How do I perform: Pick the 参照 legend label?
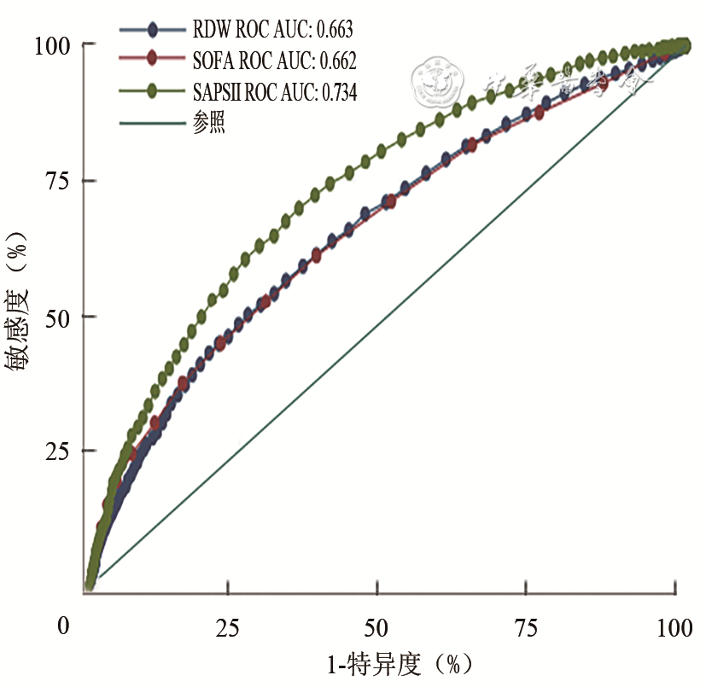coord(209,122)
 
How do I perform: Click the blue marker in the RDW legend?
coord(152,31)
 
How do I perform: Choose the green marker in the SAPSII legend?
coord(152,90)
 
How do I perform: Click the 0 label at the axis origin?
coord(64,627)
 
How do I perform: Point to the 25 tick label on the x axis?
coord(227,628)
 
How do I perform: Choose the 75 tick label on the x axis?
coord(527,628)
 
